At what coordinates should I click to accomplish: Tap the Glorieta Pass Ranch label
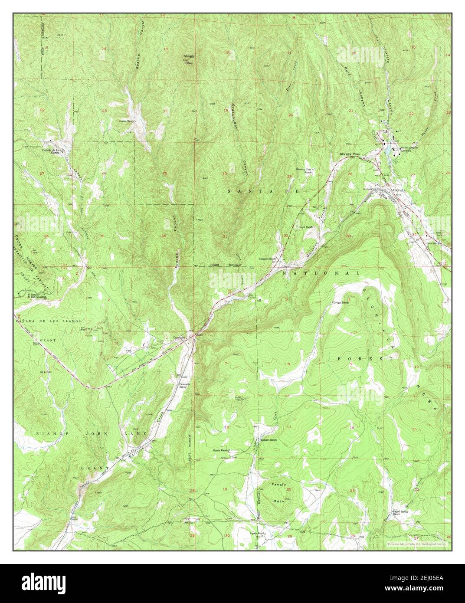click(304, 170)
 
